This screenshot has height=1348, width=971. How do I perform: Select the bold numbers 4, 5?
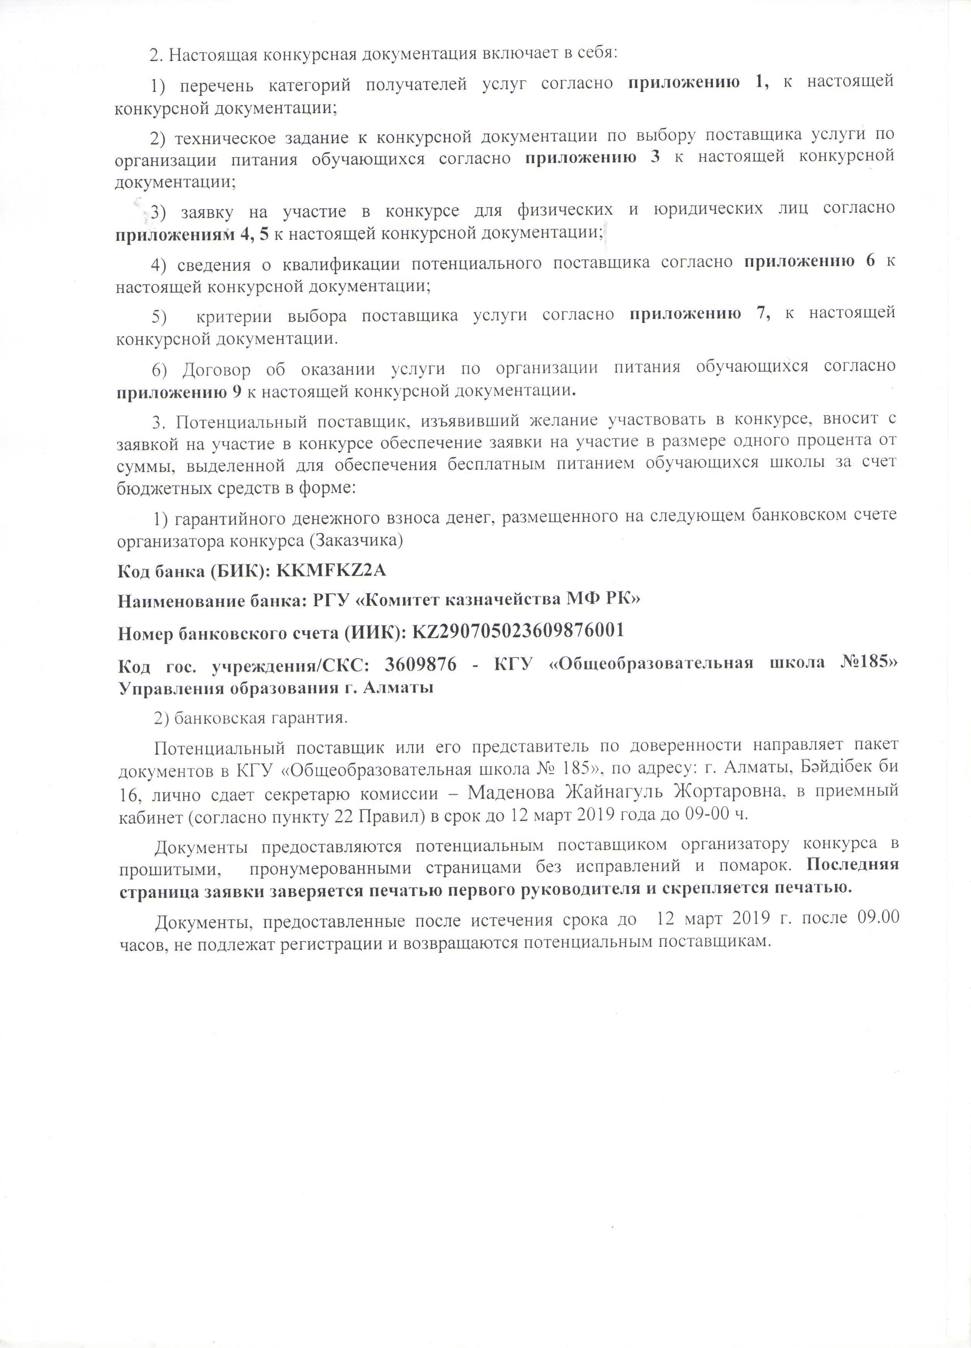pos(255,234)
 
